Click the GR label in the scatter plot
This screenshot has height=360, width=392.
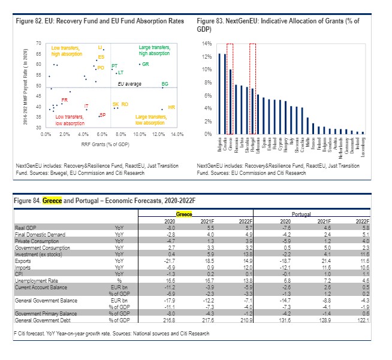click(146, 64)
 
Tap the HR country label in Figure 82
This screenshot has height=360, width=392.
click(171, 107)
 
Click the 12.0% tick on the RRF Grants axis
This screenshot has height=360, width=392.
click(158, 134)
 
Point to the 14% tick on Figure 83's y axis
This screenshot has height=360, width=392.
click(205, 44)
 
